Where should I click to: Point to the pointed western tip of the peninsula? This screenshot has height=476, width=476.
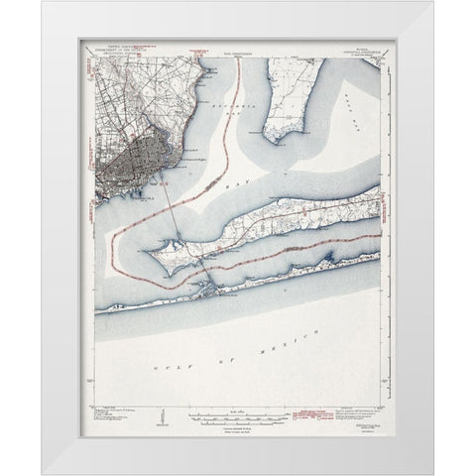pos(146,251)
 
